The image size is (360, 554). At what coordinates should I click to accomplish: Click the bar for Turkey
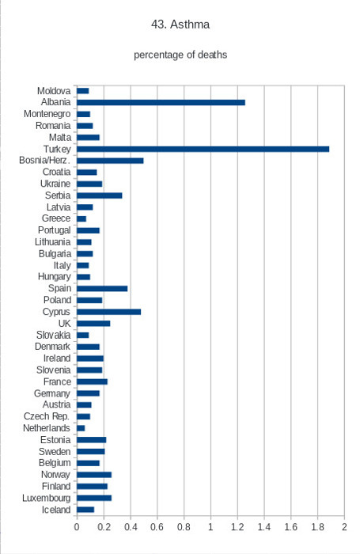point(203,149)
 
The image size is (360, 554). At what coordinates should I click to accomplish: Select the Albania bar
point(161,102)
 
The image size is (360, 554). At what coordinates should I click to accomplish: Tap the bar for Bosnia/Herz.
point(110,161)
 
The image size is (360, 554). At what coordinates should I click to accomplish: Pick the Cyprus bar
point(109,312)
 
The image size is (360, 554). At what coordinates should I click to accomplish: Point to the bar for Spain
point(102,289)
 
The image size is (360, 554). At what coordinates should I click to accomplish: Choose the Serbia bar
point(100,195)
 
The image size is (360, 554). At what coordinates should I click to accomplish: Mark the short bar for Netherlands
point(81,428)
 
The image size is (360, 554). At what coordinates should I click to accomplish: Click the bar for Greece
point(81,218)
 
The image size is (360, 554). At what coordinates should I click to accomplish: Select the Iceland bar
point(85,510)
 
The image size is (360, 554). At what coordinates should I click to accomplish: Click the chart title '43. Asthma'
point(180,25)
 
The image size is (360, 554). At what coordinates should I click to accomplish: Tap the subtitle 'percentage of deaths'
point(180,55)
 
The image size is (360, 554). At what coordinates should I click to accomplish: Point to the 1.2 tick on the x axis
point(237,527)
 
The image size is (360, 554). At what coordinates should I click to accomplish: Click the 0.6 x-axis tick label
point(157,527)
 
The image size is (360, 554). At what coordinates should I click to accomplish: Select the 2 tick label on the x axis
point(344,527)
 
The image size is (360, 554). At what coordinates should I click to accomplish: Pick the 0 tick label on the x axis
point(77,527)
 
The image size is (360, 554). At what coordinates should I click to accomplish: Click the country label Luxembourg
point(46,498)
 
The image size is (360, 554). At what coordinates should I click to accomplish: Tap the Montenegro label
point(47,114)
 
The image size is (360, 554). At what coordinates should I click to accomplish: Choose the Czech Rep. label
point(47,416)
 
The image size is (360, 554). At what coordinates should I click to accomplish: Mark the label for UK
point(64,323)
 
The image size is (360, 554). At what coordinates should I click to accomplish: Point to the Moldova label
point(54,91)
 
